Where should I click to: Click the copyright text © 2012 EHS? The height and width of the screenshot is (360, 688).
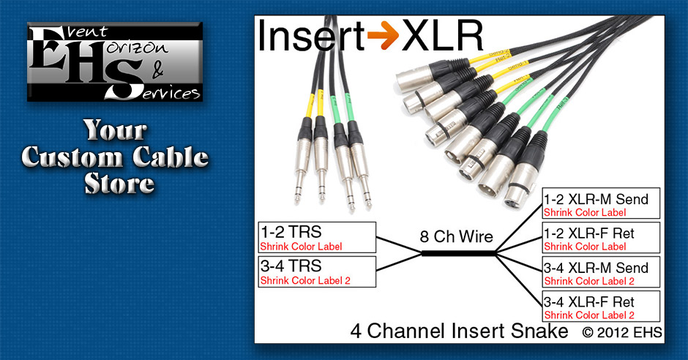pyautogui.click(x=622, y=332)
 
